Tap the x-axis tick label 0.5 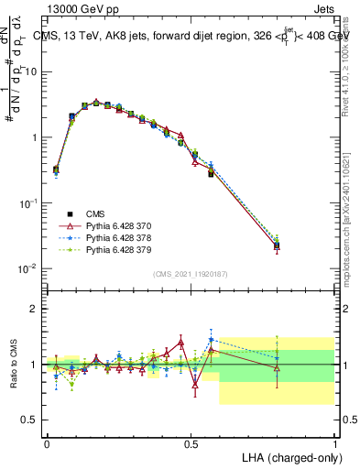pos(191,442)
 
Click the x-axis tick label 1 pos(335,442)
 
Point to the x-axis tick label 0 pos(47,442)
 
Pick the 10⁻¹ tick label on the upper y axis pos(30,202)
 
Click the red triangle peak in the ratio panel pos(180,342)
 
